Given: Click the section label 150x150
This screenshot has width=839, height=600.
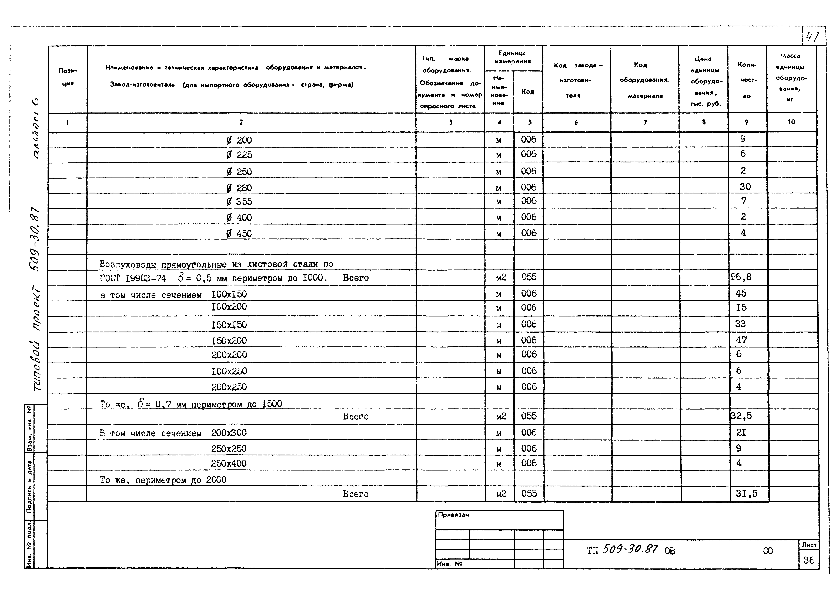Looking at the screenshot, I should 229,325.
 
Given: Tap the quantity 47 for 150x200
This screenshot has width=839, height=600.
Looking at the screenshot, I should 741,340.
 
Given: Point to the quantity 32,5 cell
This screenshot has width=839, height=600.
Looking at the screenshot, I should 741,416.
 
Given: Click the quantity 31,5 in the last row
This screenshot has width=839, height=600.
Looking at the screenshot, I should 746,494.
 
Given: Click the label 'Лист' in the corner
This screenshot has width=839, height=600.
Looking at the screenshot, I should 809,545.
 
